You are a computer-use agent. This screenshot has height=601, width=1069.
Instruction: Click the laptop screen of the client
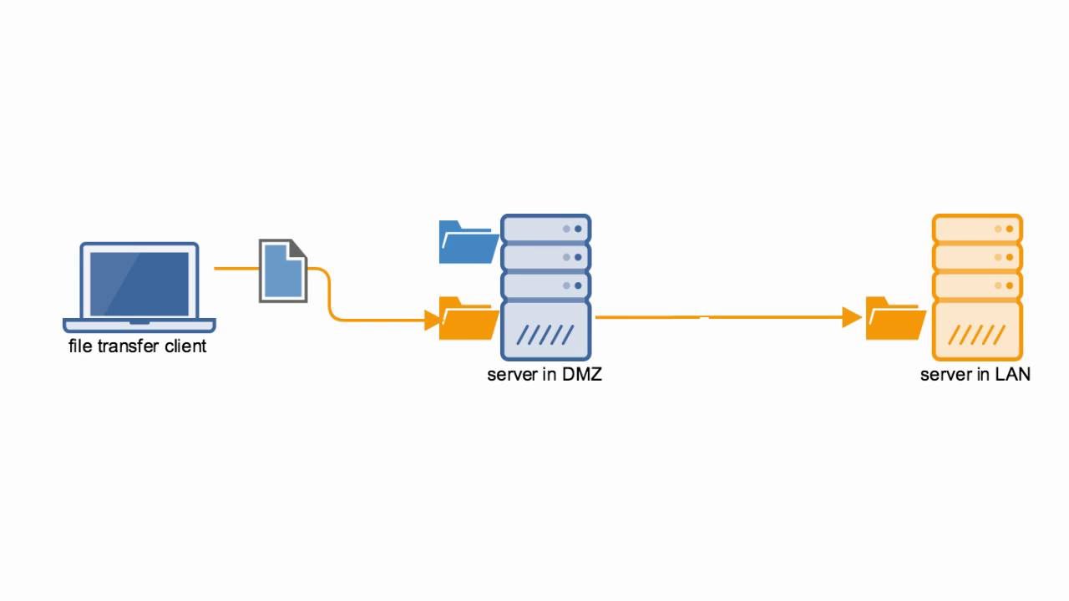[x=139, y=282]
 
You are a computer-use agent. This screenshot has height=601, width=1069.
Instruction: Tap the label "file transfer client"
[x=137, y=346]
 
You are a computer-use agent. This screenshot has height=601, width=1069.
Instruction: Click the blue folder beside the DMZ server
[x=468, y=243]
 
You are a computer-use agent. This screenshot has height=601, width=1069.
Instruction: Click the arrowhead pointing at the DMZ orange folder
[x=433, y=319]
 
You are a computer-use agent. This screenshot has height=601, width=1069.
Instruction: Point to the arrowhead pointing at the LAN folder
[x=852, y=317]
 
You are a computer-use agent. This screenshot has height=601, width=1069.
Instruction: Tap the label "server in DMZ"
[x=545, y=375]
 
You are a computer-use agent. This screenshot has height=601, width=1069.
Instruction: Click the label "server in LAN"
[x=975, y=375]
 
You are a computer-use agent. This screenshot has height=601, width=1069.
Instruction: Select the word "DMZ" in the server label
[x=581, y=375]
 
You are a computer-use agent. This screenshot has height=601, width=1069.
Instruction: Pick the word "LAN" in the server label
[x=1012, y=375]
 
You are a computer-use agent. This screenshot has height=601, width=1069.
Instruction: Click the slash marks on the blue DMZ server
[x=545, y=336]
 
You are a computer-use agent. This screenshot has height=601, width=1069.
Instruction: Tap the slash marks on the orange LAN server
[x=976, y=336]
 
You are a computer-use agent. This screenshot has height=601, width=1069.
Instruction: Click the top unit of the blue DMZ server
[x=545, y=228]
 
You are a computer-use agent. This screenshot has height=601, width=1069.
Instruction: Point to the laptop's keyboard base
[x=139, y=325]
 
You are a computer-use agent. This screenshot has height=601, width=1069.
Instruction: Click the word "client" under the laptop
[x=186, y=346]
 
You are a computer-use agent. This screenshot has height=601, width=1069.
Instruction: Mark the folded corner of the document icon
[x=298, y=249]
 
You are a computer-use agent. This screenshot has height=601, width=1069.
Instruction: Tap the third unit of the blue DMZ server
[x=545, y=286]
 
